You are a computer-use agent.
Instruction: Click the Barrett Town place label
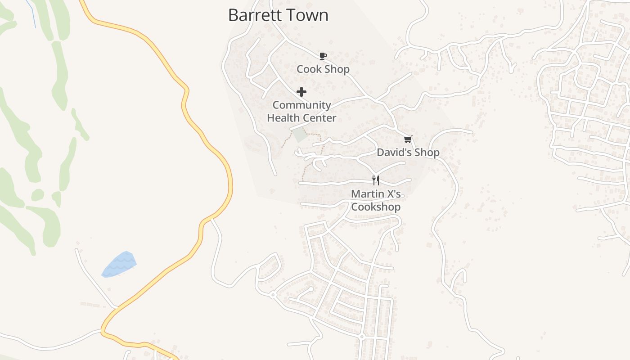(278, 15)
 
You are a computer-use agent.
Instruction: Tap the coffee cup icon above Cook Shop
(323, 56)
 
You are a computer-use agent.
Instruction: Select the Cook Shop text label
(323, 69)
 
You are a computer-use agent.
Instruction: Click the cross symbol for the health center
(301, 92)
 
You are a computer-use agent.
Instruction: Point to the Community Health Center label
(301, 112)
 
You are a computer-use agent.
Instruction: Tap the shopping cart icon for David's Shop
(408, 139)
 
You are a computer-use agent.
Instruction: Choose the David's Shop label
(408, 153)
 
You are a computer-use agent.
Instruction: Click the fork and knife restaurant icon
(376, 180)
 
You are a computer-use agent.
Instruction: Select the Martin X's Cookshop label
(376, 201)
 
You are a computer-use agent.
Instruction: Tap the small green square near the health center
(300, 135)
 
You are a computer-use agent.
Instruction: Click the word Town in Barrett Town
(308, 15)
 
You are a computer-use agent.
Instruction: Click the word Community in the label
(301, 105)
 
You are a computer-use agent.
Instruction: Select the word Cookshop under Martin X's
(376, 207)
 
